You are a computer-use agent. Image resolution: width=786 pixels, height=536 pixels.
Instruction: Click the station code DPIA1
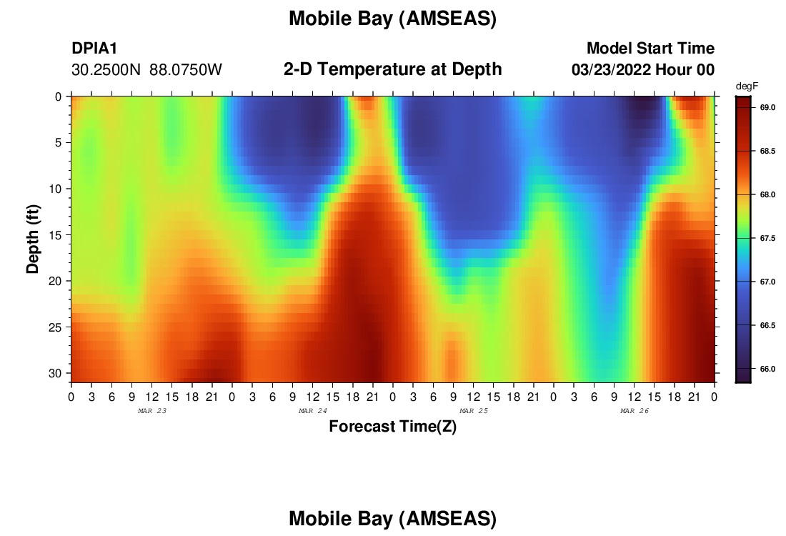coord(94,48)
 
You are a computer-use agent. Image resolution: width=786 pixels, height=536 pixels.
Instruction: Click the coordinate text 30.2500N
coord(106,70)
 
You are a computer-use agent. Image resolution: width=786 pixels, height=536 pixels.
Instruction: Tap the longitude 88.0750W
coord(186,70)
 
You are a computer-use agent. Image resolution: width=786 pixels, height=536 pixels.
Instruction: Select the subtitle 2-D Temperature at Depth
coord(392,69)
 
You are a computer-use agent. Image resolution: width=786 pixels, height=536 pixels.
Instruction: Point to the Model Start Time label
coord(651,48)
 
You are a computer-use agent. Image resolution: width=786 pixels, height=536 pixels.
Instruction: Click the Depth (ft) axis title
coord(33,239)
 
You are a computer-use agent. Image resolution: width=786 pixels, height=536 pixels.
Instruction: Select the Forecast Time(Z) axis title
coord(392,426)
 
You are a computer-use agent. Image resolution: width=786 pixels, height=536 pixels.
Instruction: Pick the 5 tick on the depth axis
coord(58,143)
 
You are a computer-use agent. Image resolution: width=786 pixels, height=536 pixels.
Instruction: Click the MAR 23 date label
coord(152,411)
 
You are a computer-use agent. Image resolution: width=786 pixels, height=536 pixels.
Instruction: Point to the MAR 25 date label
coord(474,411)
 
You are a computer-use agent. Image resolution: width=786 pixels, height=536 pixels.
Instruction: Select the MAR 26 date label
coord(635,411)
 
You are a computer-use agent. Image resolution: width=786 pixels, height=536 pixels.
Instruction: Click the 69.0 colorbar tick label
coord(767,107)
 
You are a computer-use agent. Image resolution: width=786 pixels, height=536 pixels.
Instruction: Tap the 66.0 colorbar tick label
coord(767,369)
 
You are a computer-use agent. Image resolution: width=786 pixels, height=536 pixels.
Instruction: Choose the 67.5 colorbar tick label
coord(767,238)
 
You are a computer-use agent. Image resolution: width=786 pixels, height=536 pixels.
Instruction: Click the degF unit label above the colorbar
coord(747,86)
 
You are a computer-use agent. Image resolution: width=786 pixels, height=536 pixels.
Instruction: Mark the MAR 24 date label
coord(313,411)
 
